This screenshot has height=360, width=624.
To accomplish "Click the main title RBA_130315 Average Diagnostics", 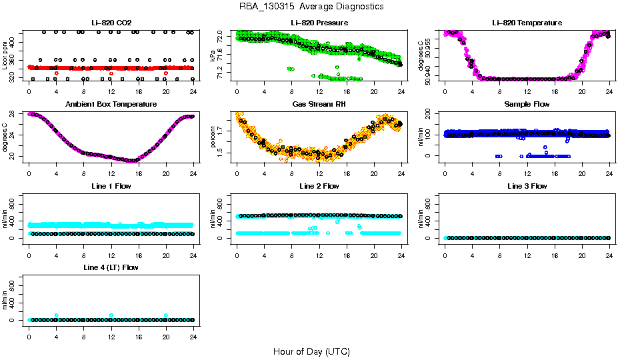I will (311, 7).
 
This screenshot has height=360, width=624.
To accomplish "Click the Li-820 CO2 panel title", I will (110, 23).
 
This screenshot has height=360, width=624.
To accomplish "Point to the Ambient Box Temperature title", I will (111, 105).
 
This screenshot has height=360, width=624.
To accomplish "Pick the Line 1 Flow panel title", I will (111, 187).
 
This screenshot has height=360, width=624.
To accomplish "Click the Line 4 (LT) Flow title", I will (111, 268).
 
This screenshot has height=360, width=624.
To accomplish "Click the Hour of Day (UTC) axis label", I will (311, 351).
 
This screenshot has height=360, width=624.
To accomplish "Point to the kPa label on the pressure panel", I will (213, 55).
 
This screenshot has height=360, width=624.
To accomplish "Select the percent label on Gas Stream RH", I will (213, 137).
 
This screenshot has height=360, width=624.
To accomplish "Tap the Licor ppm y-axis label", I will (5, 55).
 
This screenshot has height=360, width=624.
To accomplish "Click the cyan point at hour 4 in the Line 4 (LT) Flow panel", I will (57, 315).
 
